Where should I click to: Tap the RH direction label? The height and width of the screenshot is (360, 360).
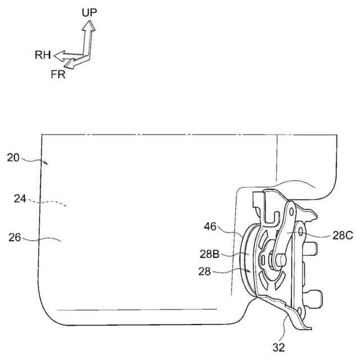click(43, 55)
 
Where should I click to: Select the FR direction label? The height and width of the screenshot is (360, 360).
click(57, 74)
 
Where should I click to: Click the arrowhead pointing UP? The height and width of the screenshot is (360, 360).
click(88, 25)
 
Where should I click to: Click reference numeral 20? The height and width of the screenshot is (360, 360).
click(13, 157)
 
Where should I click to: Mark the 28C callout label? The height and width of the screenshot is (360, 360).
click(341, 236)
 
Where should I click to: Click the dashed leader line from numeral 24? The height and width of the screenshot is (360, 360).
click(51, 202)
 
